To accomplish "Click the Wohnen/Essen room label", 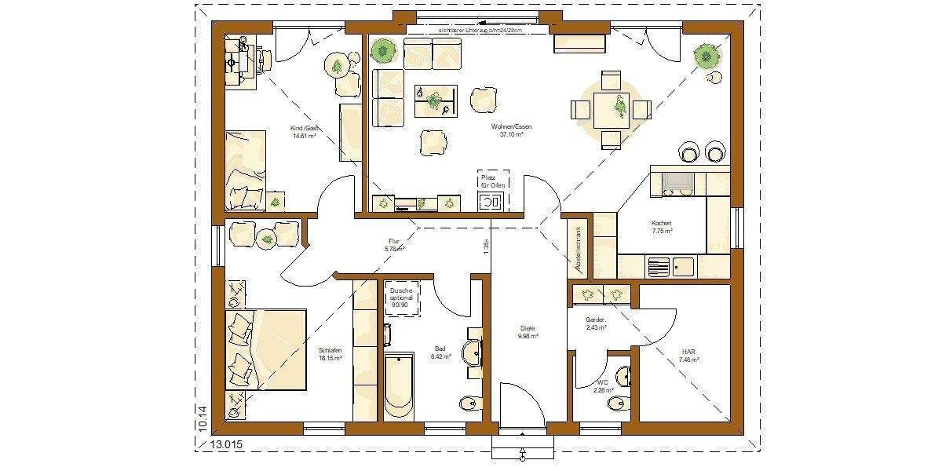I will (507, 126).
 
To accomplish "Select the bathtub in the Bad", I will (399, 385).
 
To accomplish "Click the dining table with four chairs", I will (611, 109).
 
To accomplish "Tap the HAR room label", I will (688, 352).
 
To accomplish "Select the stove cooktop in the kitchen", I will (677, 183).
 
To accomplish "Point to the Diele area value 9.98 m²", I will (528, 336).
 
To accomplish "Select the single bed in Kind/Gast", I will (246, 170).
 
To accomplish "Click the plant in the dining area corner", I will (706, 55).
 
